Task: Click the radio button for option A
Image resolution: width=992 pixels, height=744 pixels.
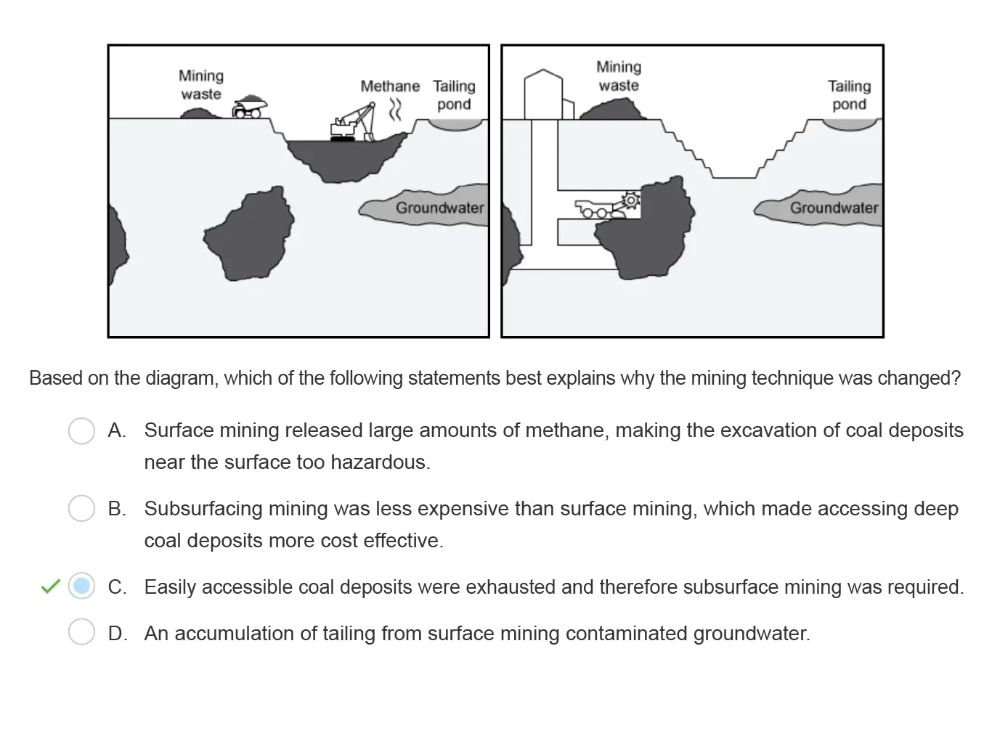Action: point(81,430)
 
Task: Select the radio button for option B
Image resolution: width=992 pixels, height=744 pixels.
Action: point(81,508)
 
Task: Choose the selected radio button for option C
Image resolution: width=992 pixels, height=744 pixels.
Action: point(81,586)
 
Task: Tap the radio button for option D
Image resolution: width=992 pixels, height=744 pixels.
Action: point(81,632)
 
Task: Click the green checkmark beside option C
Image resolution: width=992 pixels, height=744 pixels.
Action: point(50,586)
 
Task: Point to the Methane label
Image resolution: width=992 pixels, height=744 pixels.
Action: point(390,86)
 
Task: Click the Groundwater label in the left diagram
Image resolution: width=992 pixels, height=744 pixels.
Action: point(439,208)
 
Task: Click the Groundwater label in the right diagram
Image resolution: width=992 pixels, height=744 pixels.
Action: point(834,208)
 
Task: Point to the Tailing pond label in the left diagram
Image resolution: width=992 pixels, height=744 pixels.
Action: point(454,95)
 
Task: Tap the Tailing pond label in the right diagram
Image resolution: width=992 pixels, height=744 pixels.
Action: point(849,95)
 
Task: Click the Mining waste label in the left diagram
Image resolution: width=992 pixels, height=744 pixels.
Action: point(201,85)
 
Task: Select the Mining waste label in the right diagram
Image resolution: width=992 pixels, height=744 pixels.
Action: point(619,76)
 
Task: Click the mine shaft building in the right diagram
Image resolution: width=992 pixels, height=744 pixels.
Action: point(543,94)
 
